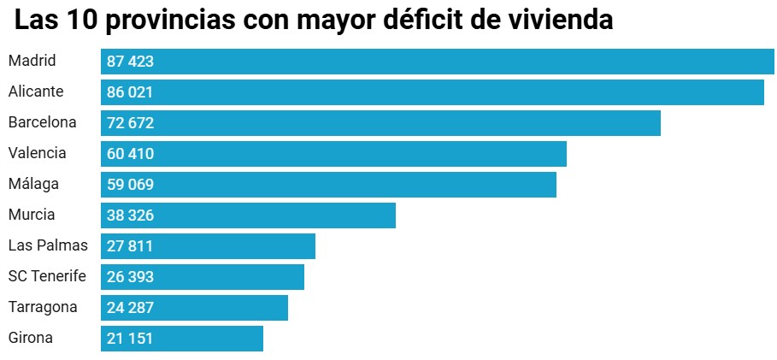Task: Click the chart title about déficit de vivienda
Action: point(314,21)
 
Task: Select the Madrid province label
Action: point(32,61)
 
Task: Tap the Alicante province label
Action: point(36,91)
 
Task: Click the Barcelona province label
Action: point(42,122)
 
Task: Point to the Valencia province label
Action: point(37,153)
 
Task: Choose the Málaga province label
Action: point(32,184)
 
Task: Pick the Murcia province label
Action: point(32,215)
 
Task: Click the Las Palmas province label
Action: point(48,245)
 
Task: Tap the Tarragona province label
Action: point(43,307)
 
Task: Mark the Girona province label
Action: point(31,338)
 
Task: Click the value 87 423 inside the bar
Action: point(130,62)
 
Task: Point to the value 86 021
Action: point(130,92)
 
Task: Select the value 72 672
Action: point(130,123)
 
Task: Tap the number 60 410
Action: point(130,154)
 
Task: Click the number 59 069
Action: point(130,185)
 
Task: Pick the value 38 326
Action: point(130,215)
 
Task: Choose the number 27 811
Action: point(130,246)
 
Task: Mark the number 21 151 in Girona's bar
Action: point(130,339)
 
